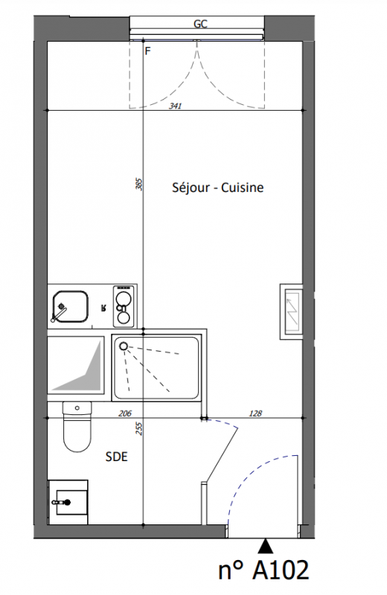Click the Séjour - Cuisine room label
point(217,187)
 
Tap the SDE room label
point(116,457)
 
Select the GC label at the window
point(200,24)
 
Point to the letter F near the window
point(148,51)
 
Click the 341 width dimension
point(175,106)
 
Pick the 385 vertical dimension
point(139,184)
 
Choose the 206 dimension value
point(125,414)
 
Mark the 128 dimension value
point(255,414)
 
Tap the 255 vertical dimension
point(139,429)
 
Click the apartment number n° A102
point(263,570)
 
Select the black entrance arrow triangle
point(266,546)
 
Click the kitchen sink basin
point(70,306)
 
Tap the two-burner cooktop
point(124,306)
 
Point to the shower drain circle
point(124,346)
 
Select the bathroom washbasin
point(68,503)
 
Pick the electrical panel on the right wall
point(291,311)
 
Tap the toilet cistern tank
point(77,408)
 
